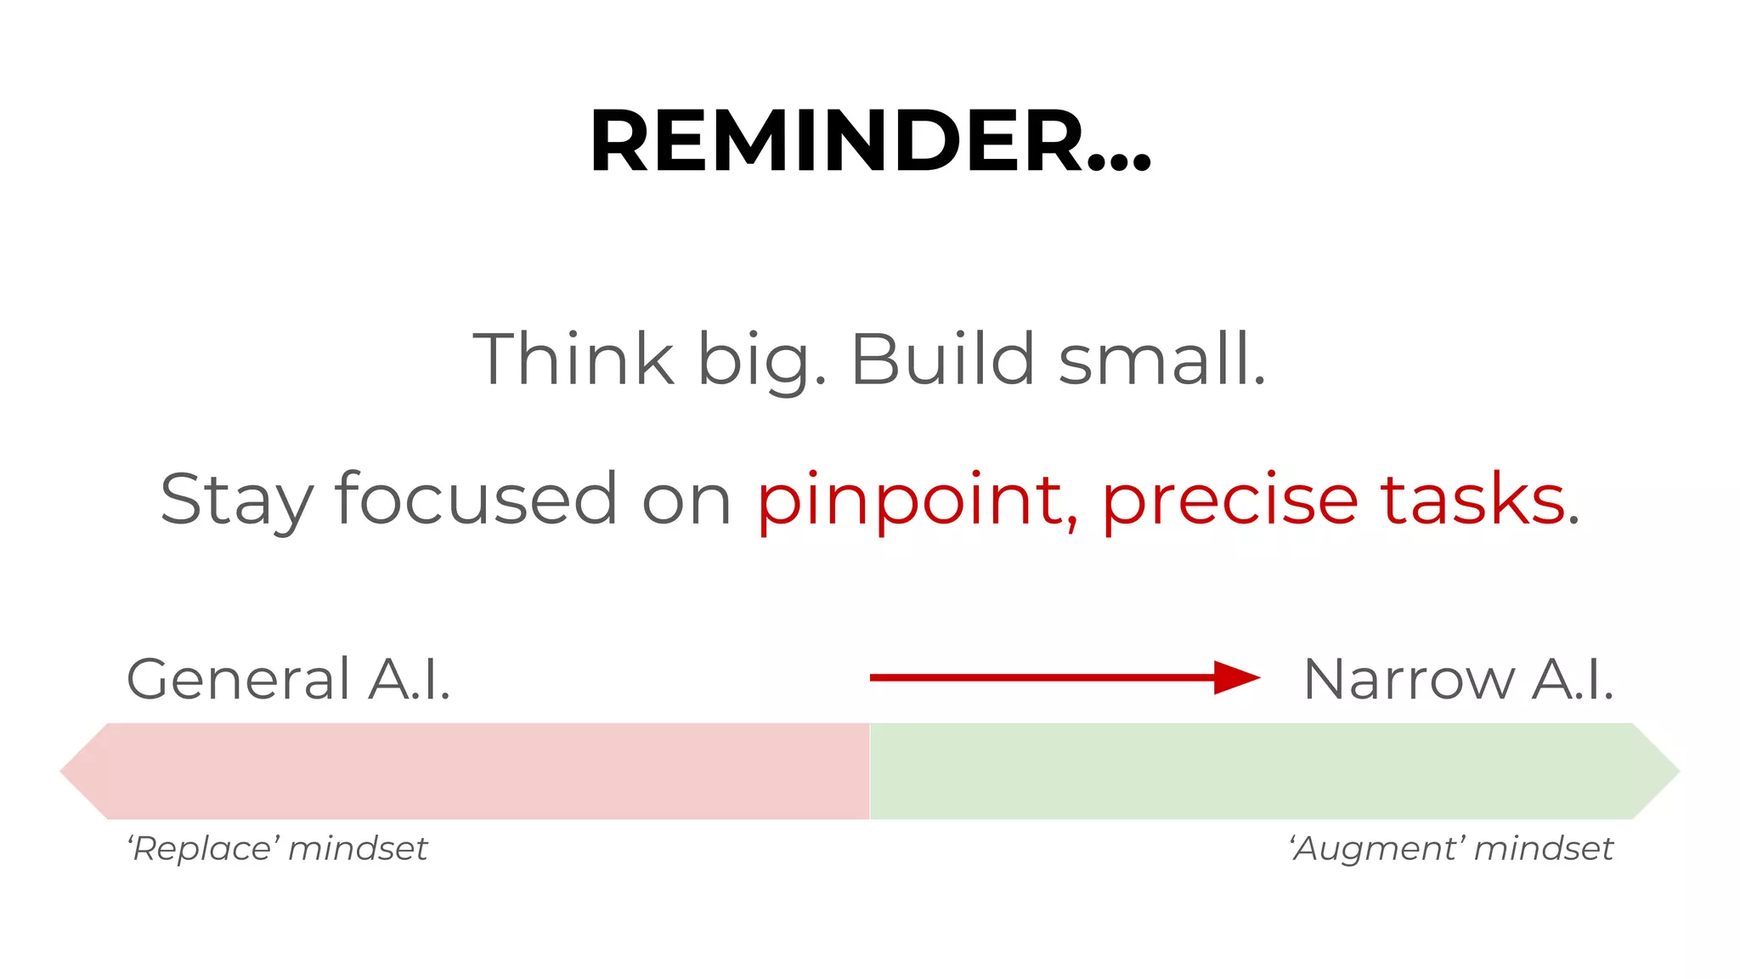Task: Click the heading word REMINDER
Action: tap(837, 141)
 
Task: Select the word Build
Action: tap(942, 359)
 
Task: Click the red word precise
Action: tap(1229, 500)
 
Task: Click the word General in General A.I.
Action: tap(238, 679)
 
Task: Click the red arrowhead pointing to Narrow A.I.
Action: tap(1236, 677)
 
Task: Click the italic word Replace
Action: tap(204, 848)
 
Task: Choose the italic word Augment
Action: tap(1377, 848)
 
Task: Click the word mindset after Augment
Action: tap(1543, 848)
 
